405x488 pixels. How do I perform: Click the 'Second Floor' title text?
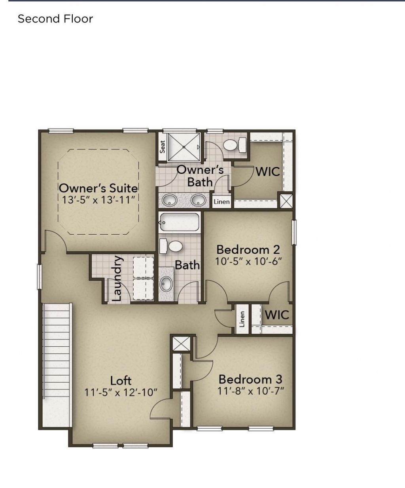55,19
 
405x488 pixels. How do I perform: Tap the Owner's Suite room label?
98,188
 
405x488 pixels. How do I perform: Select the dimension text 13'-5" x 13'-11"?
98,199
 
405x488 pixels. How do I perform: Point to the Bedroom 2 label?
248,250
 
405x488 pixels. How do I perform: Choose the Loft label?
121,381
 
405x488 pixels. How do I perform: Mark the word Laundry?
117,279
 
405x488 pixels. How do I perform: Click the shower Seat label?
163,147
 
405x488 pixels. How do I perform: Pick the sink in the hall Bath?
167,283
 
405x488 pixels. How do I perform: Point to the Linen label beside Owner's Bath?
221,202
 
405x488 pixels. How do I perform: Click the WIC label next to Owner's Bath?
268,172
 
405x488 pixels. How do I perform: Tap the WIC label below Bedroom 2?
277,315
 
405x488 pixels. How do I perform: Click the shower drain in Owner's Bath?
184,147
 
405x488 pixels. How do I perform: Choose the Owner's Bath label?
200,176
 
